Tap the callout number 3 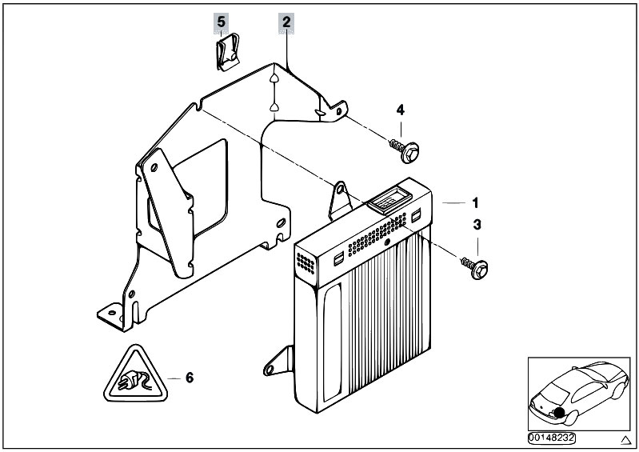pos(477,226)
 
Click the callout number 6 pos(189,377)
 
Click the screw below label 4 pos(405,146)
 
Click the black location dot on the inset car pos(560,414)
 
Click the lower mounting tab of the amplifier pos(274,364)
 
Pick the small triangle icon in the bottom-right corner pos(625,439)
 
